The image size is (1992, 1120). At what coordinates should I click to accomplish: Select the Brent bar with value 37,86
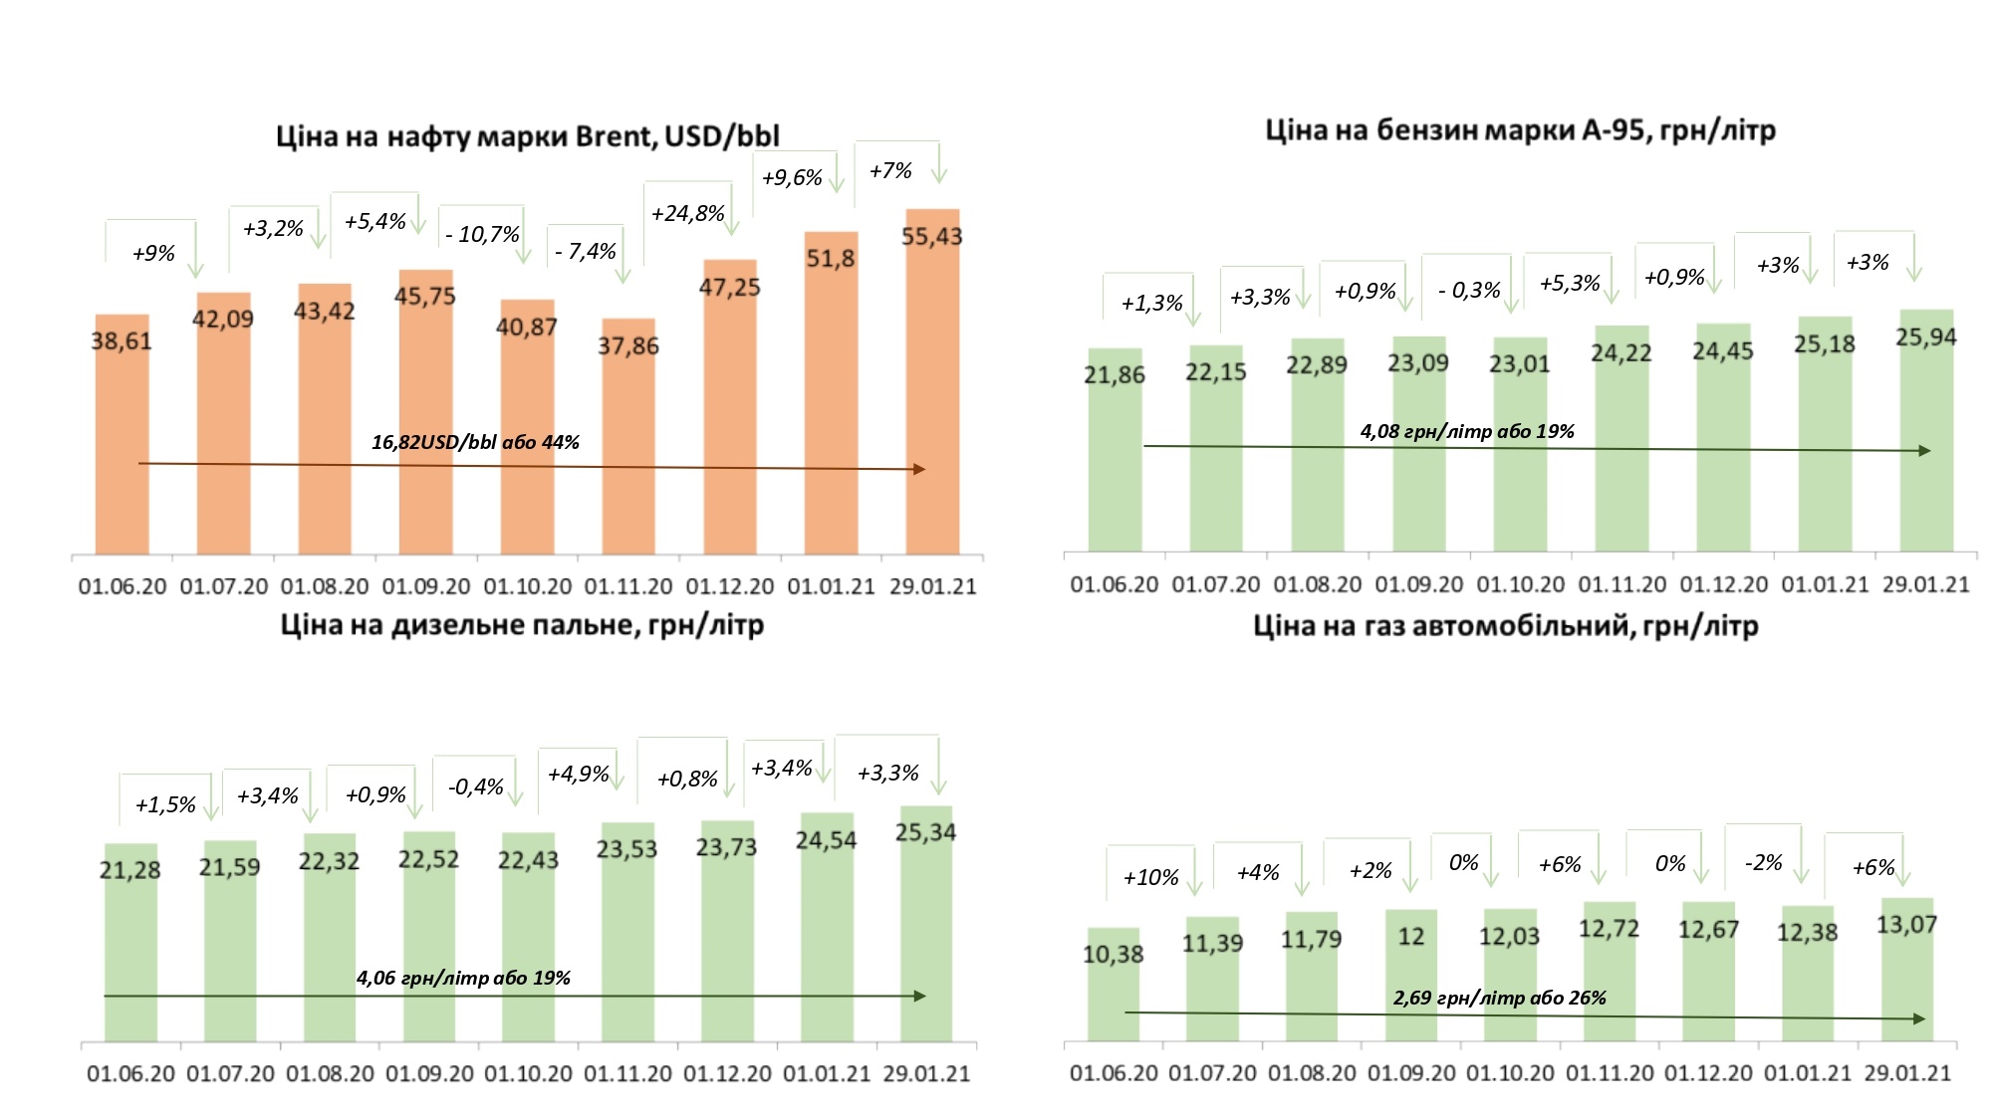pyautogui.click(x=628, y=438)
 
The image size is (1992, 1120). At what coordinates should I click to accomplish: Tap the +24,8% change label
pyautogui.click(x=687, y=214)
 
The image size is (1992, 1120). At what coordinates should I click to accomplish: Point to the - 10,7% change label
pyautogui.click(x=482, y=235)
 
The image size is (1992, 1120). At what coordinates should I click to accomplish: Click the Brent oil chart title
pyautogui.click(x=527, y=136)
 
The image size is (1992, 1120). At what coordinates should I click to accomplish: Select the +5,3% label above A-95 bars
pyautogui.click(x=1570, y=284)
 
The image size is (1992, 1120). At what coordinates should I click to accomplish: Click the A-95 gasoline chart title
pyautogui.click(x=1520, y=130)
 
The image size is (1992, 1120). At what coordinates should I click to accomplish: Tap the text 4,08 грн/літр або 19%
pyautogui.click(x=1467, y=432)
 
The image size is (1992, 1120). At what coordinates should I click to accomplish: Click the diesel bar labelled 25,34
pyautogui.click(x=925, y=926)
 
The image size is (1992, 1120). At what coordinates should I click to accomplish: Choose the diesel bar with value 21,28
pyautogui.click(x=130, y=946)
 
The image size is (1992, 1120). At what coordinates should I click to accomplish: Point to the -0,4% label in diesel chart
pyautogui.click(x=476, y=787)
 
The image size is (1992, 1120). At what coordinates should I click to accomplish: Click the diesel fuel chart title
pyautogui.click(x=522, y=625)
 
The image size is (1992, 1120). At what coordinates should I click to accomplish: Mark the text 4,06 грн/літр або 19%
pyautogui.click(x=463, y=979)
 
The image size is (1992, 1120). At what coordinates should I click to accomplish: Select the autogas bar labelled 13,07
pyautogui.click(x=1906, y=971)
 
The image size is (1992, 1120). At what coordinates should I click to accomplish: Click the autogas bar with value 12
pyautogui.click(x=1410, y=976)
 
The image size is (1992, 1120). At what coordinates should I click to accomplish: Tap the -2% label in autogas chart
pyautogui.click(x=1763, y=863)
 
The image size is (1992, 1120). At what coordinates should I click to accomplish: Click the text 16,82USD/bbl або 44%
pyautogui.click(x=475, y=442)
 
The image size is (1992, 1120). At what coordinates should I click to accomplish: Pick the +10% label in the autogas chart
pyautogui.click(x=1150, y=878)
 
